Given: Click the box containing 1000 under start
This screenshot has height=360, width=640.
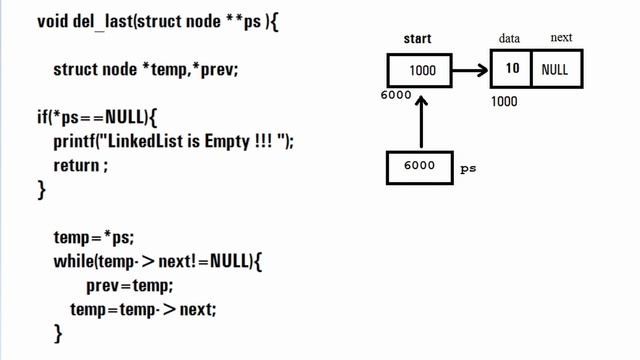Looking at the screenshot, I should click(421, 71).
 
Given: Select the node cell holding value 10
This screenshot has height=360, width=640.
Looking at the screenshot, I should click(511, 71).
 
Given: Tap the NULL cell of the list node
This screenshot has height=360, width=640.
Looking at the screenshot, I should click(555, 71).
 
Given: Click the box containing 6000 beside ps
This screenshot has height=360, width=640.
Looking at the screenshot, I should click(420, 167).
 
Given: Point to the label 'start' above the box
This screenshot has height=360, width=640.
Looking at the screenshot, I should click(417, 39).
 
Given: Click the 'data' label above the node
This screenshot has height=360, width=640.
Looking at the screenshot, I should click(510, 39).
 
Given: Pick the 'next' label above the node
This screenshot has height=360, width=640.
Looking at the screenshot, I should click(561, 39).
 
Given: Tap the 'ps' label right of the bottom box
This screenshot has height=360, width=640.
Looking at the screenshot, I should click(468, 169).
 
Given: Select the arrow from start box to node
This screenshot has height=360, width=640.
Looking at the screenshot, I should click(472, 71).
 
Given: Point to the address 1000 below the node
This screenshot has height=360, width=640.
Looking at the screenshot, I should click(506, 101).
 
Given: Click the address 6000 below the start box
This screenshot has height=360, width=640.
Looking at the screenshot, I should click(396, 96).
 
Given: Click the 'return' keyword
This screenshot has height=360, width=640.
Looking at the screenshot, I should click(78, 165).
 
